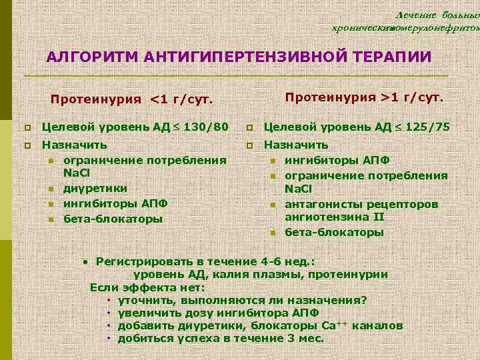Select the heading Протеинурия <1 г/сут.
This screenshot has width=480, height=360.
click(x=132, y=101)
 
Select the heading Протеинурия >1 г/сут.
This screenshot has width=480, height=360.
click(x=364, y=98)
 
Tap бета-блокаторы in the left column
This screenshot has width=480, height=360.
click(x=112, y=218)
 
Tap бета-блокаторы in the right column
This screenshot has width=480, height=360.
click(x=334, y=233)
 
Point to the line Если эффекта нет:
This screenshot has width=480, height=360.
click(x=147, y=287)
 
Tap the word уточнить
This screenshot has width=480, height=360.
click(x=143, y=300)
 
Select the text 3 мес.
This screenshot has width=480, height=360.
click(x=306, y=338)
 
